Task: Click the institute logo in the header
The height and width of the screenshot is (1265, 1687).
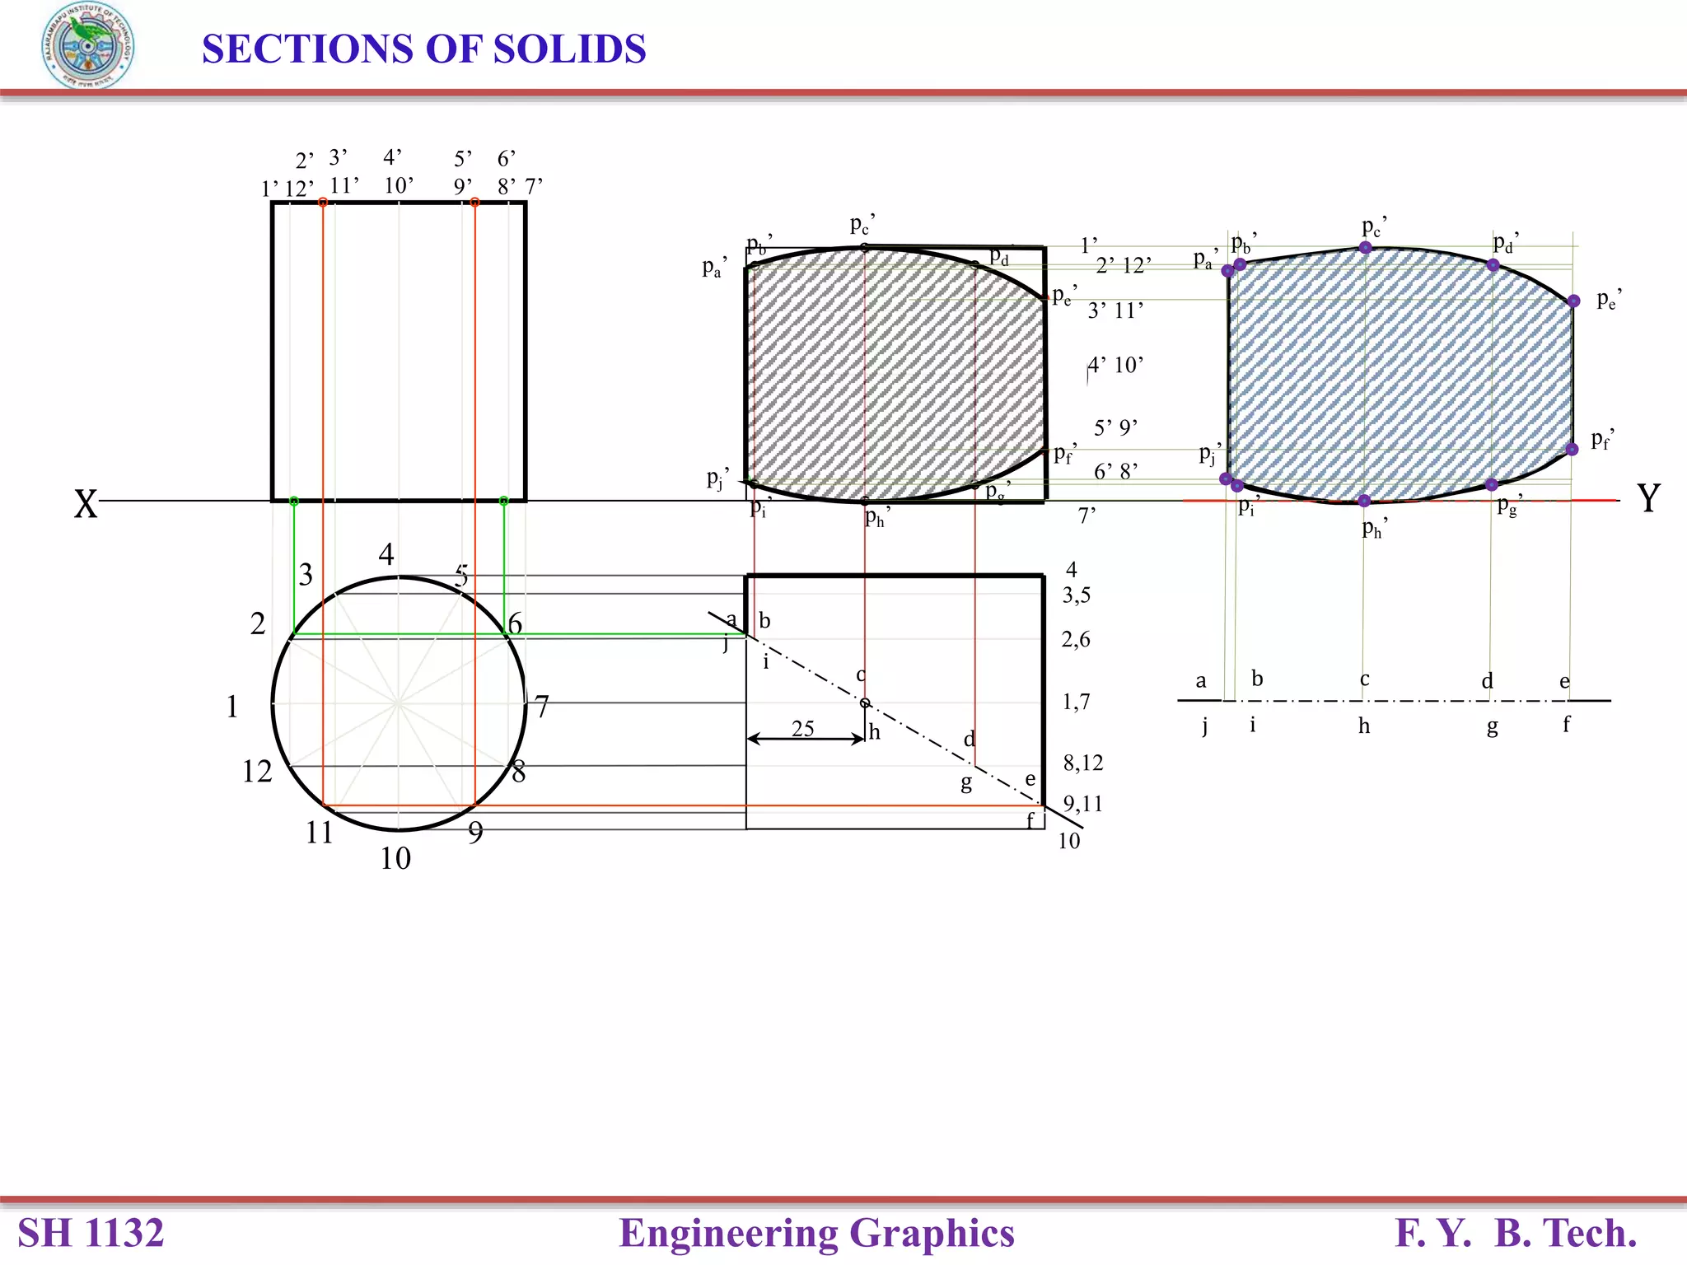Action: [x=87, y=46]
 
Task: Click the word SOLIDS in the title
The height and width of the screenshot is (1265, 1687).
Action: [x=569, y=49]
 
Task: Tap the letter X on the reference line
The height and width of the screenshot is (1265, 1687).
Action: [x=86, y=504]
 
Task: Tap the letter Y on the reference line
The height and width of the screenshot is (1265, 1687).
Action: [x=1647, y=498]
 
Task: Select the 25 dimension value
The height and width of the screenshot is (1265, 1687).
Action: [x=803, y=728]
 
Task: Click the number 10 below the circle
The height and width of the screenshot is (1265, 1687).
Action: [x=395, y=859]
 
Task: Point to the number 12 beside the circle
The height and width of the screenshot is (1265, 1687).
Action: [x=257, y=772]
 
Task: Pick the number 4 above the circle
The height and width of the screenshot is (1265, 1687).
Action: [x=386, y=554]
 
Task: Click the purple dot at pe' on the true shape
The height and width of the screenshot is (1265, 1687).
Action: [x=1573, y=301]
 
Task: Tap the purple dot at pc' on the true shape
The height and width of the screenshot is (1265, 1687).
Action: [x=1365, y=247]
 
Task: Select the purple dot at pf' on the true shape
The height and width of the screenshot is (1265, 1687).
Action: [x=1572, y=450]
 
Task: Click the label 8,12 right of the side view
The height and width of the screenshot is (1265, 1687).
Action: [x=1082, y=763]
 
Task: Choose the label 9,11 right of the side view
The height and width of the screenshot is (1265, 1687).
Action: [x=1082, y=803]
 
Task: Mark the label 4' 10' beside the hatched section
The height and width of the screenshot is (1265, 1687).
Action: [x=1116, y=365]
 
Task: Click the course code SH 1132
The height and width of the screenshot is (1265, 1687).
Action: [x=91, y=1233]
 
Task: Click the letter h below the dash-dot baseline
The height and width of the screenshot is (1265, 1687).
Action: [x=1364, y=726]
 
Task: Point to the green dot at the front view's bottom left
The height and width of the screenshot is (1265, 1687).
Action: [x=294, y=501]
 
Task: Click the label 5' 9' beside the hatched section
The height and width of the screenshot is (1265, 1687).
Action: [x=1116, y=427]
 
